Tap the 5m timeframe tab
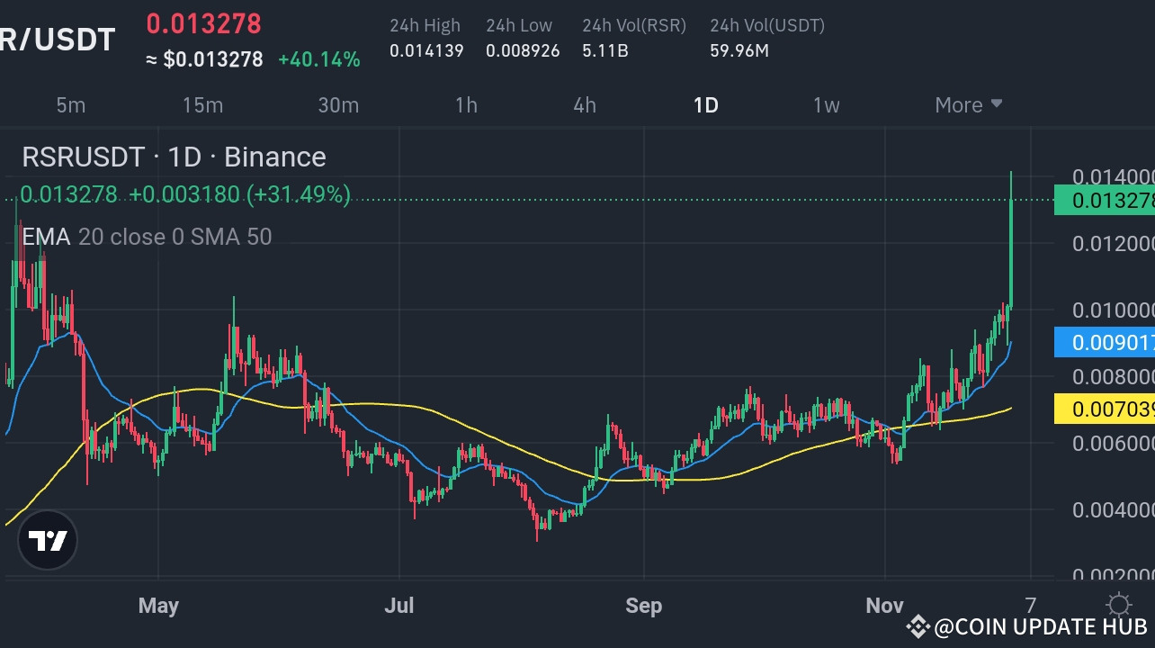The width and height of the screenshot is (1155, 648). (71, 105)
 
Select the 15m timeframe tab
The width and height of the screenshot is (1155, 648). (202, 105)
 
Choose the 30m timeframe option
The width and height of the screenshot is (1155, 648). (338, 105)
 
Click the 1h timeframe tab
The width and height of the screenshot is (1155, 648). (466, 105)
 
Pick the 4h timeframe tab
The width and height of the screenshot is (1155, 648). (585, 105)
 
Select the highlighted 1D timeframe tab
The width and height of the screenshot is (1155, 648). (706, 105)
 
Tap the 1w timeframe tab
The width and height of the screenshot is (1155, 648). (826, 105)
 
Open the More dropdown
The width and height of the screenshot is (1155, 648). (968, 105)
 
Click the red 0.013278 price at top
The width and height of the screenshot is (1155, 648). (203, 23)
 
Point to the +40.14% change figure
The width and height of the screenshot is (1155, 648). (319, 60)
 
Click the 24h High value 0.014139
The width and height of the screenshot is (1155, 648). (426, 51)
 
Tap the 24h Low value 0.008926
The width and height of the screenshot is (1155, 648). (523, 51)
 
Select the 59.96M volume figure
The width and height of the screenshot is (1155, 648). (739, 51)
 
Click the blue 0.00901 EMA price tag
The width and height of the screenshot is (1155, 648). (1106, 343)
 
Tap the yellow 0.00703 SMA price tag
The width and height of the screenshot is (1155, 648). (1106, 410)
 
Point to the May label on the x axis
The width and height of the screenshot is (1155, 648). (158, 606)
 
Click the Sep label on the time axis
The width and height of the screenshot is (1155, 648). (644, 606)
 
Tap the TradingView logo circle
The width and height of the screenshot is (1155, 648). (49, 541)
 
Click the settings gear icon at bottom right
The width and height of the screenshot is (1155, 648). (1118, 604)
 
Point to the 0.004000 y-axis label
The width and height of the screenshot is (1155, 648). (1112, 510)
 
